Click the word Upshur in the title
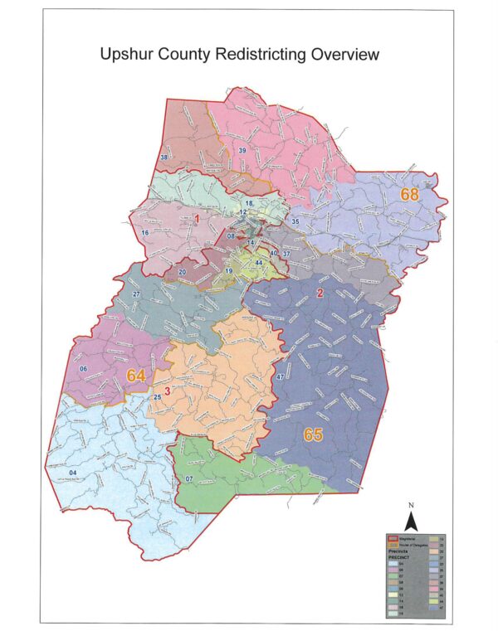point(129,56)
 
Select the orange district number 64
point(136,376)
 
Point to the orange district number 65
point(313,435)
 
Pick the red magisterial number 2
point(320,294)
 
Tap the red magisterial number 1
point(198,219)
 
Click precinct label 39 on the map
point(242,150)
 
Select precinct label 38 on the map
point(164,158)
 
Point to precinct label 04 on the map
point(73,473)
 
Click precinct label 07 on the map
point(188,480)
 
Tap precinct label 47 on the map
point(281,378)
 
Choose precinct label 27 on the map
point(136,294)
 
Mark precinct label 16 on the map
point(145,233)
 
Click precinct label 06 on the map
point(83,369)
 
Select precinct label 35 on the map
point(295,222)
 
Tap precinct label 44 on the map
point(259,263)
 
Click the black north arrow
point(409,522)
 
